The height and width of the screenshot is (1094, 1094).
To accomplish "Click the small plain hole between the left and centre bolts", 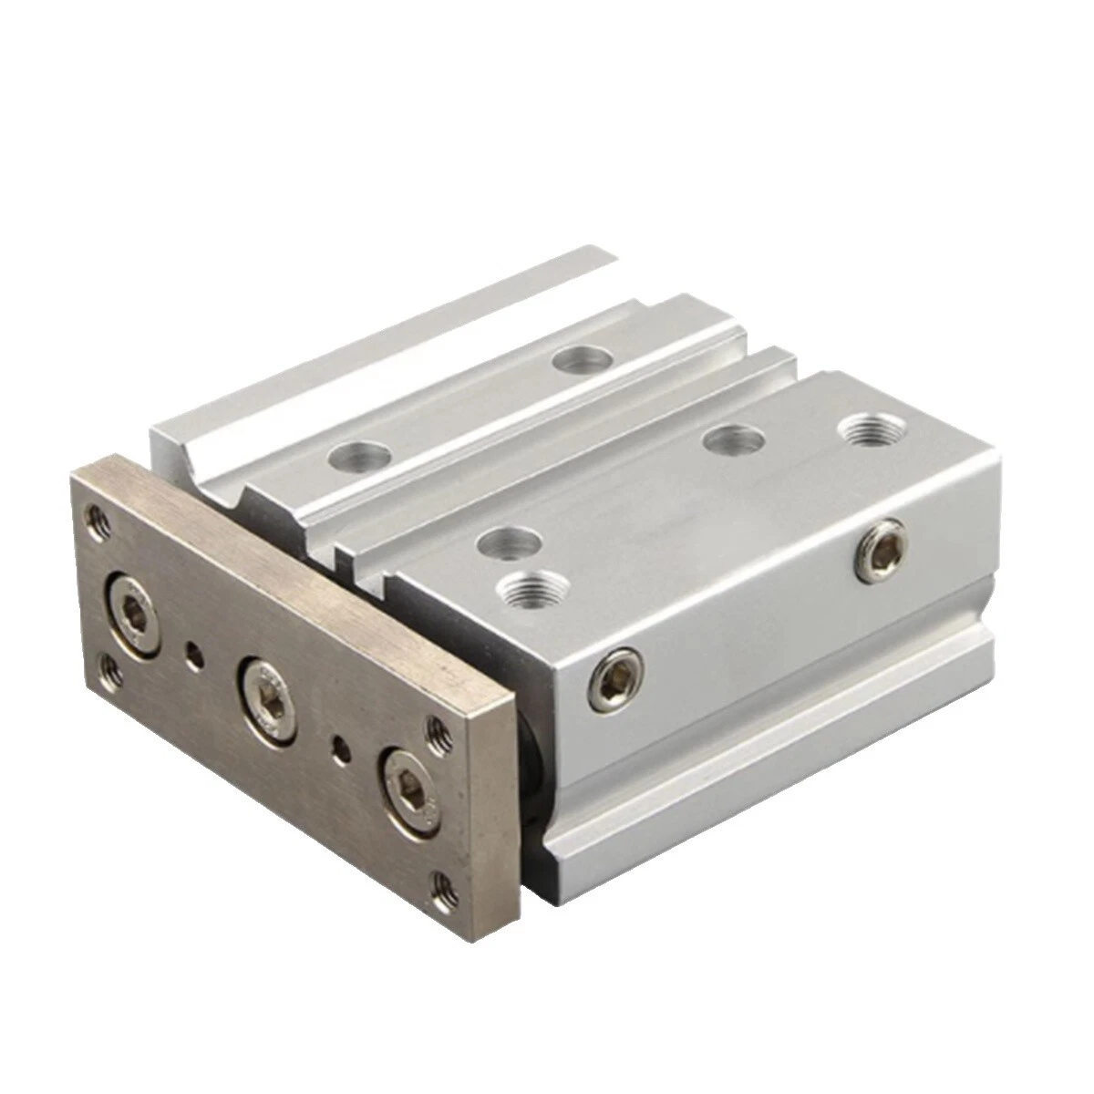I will click(x=191, y=652).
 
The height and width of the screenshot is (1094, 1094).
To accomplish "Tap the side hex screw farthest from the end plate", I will click(x=880, y=547).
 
